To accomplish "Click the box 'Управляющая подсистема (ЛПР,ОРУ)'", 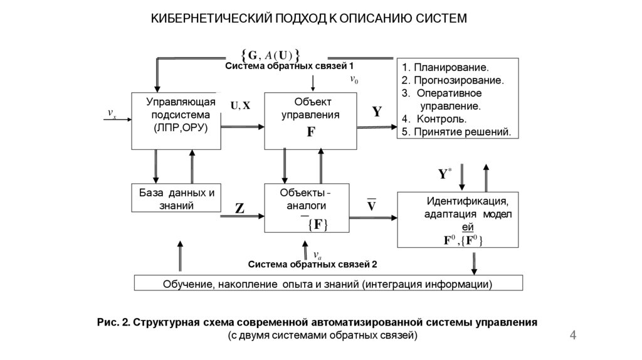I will pos(176,120).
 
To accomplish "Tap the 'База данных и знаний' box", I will pos(176,199).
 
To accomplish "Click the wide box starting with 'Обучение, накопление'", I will pos(328,283).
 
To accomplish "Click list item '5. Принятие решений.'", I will pos(456,132).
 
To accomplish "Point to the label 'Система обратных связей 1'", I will pos(290,66).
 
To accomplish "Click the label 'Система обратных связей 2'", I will pos(312,264).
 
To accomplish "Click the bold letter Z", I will pos(239,209).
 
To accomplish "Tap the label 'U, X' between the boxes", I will pos(240,106).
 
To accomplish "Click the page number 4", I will pos(572,337).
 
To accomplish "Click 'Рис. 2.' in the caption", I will pos(113,323).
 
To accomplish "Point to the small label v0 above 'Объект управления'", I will pos(354,80).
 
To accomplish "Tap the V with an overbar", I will pos(371,206).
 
